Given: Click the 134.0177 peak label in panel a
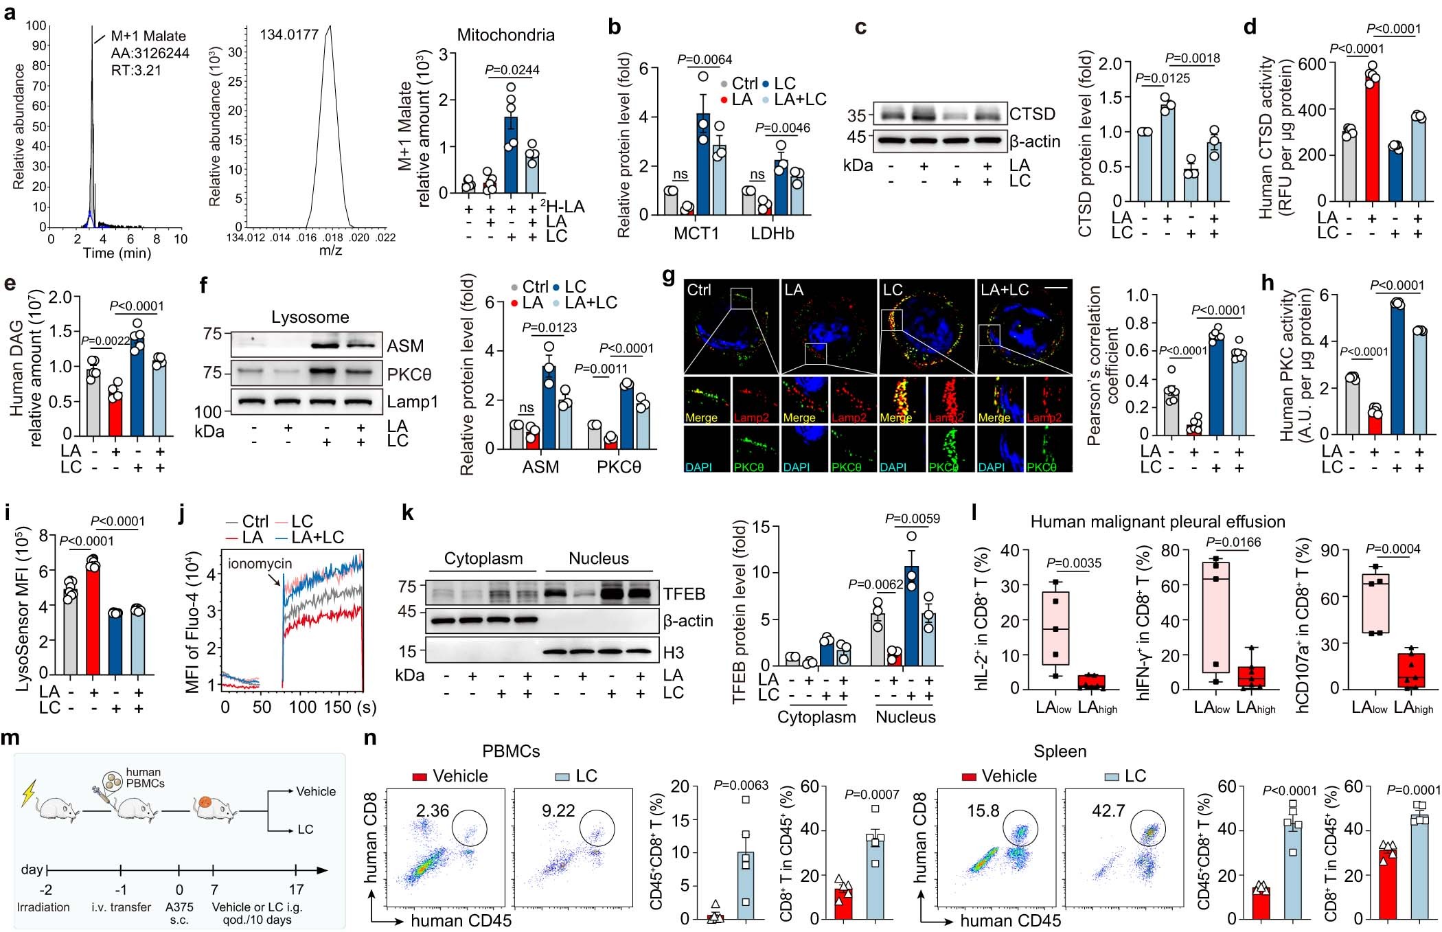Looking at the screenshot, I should (x=288, y=34).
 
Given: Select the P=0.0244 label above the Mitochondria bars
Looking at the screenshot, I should (x=512, y=69).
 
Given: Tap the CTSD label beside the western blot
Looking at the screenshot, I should (x=1032, y=114).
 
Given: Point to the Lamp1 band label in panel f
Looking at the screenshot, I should (x=412, y=402).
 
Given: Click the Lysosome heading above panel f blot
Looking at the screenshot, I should (x=310, y=317).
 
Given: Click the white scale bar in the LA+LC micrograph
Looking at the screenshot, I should (x=1058, y=288).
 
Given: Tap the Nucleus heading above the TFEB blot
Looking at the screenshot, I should (x=598, y=558).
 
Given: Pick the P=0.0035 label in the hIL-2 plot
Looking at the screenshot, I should (x=1073, y=564).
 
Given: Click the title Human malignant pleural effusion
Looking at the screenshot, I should (x=1158, y=522).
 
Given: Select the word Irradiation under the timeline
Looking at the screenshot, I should (x=43, y=907).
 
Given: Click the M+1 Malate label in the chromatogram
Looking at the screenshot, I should (x=148, y=36).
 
